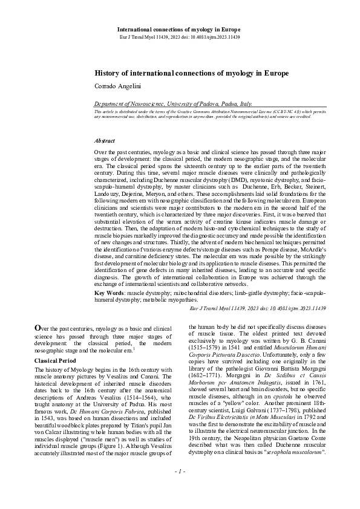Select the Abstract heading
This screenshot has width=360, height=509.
(x=105, y=140)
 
